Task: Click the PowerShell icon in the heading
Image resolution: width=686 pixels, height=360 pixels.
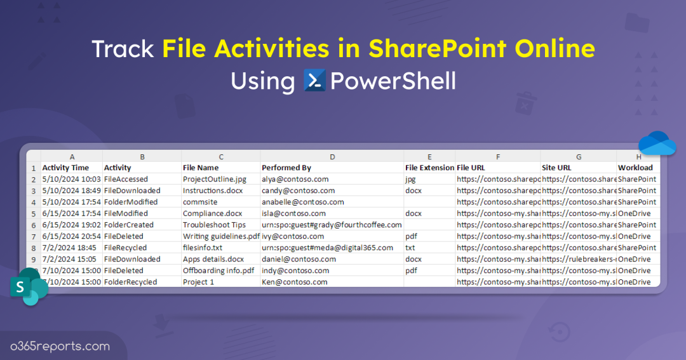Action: pos(315,81)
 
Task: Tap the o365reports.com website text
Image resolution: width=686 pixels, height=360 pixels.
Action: pos(60,346)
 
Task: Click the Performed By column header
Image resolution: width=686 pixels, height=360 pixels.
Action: pos(286,168)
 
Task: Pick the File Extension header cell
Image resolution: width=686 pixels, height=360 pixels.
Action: pos(429,168)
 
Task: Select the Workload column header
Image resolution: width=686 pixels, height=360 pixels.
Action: pos(635,168)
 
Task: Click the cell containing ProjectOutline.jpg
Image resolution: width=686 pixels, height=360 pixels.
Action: pos(214,179)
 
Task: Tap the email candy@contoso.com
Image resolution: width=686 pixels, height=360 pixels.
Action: pos(298,190)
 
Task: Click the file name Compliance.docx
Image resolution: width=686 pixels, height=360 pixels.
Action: pos(212,213)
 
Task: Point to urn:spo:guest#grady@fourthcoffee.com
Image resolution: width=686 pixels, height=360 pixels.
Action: pos(332,225)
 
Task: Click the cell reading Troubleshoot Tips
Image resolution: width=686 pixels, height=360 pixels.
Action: pos(214,225)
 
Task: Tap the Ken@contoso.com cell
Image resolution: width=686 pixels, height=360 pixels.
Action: pos(294,282)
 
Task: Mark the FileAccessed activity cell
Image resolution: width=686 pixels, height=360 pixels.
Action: pos(126,179)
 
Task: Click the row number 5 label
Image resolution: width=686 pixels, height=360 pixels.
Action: pos(33,213)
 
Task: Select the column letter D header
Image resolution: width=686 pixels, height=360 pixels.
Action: pos(332,157)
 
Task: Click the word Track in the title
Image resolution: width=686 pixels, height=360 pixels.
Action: pos(123,49)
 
